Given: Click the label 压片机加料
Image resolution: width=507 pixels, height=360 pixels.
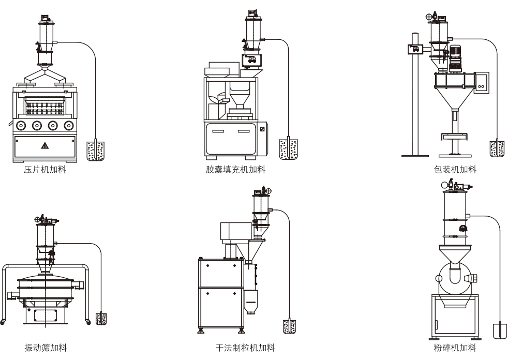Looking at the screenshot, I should pyautogui.click(x=45, y=169).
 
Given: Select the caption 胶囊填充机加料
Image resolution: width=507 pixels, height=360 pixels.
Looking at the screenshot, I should pyautogui.click(x=236, y=169).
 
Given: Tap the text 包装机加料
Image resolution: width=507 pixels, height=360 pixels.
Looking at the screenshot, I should pyautogui.click(x=455, y=169).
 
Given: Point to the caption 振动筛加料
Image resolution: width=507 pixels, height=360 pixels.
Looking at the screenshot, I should pyautogui.click(x=46, y=348).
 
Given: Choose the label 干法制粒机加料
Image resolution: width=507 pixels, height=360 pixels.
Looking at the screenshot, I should pyautogui.click(x=245, y=348).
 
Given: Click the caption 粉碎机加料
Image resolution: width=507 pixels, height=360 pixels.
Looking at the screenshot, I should pyautogui.click(x=455, y=348).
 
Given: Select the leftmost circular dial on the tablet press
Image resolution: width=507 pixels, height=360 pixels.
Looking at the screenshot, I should pyautogui.click(x=21, y=125).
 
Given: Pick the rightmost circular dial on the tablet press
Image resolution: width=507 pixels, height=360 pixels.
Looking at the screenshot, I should pyautogui.click(x=68, y=125).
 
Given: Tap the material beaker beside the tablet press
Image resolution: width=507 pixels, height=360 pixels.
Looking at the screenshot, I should pyautogui.click(x=96, y=149).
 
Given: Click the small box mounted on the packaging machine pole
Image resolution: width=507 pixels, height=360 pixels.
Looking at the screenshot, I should pyautogui.click(x=414, y=50).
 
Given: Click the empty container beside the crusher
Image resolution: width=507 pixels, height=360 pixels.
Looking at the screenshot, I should pyautogui.click(x=500, y=329).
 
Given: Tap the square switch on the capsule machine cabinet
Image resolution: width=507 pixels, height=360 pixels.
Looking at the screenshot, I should pyautogui.click(x=262, y=129).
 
